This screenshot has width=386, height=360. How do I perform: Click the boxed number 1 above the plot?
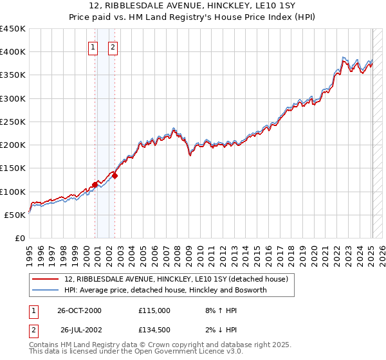coord(93,46)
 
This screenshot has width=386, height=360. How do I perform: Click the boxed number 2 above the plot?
coord(113,46)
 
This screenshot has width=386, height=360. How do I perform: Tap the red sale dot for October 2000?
coord(95,184)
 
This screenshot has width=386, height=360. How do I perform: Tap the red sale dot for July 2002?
coord(115,175)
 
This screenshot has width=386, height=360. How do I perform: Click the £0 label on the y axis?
coord(19,238)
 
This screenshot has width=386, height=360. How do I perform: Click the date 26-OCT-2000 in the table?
coord(79,310)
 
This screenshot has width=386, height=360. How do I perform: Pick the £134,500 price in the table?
coord(154,331)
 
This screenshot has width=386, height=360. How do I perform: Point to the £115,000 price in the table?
coord(154,310)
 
